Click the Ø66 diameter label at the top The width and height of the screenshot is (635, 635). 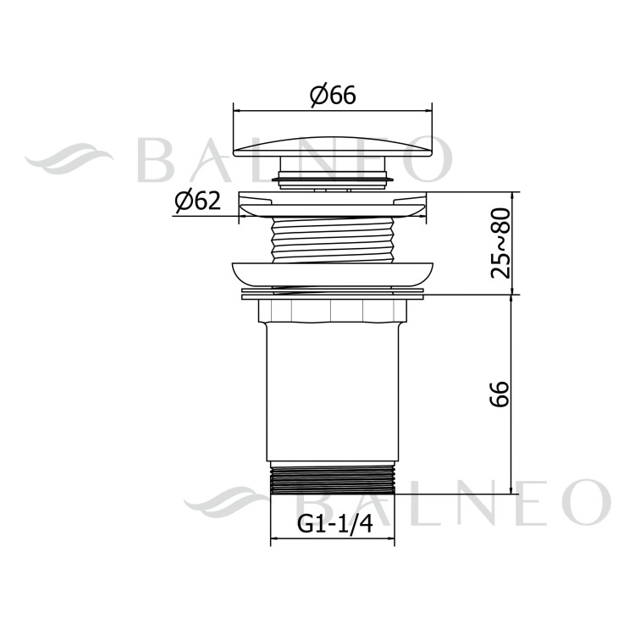point(332,97)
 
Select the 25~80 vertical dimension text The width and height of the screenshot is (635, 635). point(501,243)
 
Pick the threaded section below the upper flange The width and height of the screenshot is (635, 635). point(332,240)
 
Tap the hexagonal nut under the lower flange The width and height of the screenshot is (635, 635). point(332,311)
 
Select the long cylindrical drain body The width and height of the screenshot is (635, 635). point(332,389)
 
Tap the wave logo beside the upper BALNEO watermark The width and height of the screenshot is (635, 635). point(68,161)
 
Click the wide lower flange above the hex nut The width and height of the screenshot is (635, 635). point(332,273)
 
